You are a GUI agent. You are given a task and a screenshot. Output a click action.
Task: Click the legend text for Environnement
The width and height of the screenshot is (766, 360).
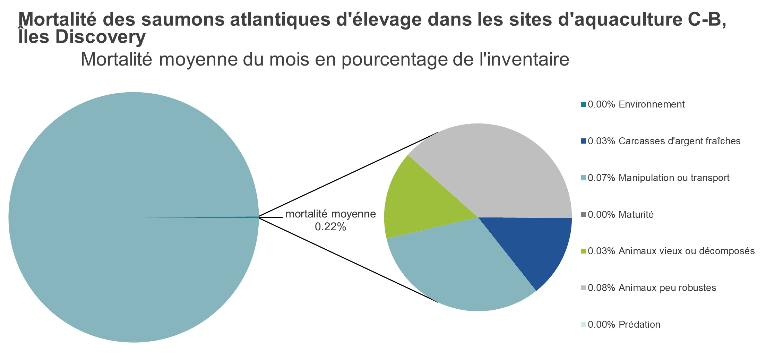click(636, 104)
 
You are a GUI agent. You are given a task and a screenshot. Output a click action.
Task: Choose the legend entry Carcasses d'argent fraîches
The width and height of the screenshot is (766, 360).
click(664, 141)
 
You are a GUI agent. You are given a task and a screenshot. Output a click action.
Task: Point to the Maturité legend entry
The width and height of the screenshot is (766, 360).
click(620, 215)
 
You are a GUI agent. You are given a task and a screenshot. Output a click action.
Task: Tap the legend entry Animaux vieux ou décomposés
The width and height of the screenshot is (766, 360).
click(671, 251)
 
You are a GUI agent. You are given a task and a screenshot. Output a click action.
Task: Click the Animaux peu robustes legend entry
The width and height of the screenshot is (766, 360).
click(652, 288)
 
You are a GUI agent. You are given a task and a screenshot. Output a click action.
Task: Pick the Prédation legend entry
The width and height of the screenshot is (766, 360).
click(624, 325)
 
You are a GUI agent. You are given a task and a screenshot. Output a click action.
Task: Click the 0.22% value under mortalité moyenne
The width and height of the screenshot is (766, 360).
click(330, 227)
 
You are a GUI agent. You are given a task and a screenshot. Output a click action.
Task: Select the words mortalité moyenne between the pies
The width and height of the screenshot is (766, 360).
click(330, 214)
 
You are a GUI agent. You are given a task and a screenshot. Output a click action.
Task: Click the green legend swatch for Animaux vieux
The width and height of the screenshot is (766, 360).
click(583, 251)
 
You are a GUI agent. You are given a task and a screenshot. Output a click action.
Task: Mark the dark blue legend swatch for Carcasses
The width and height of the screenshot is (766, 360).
click(583, 142)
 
